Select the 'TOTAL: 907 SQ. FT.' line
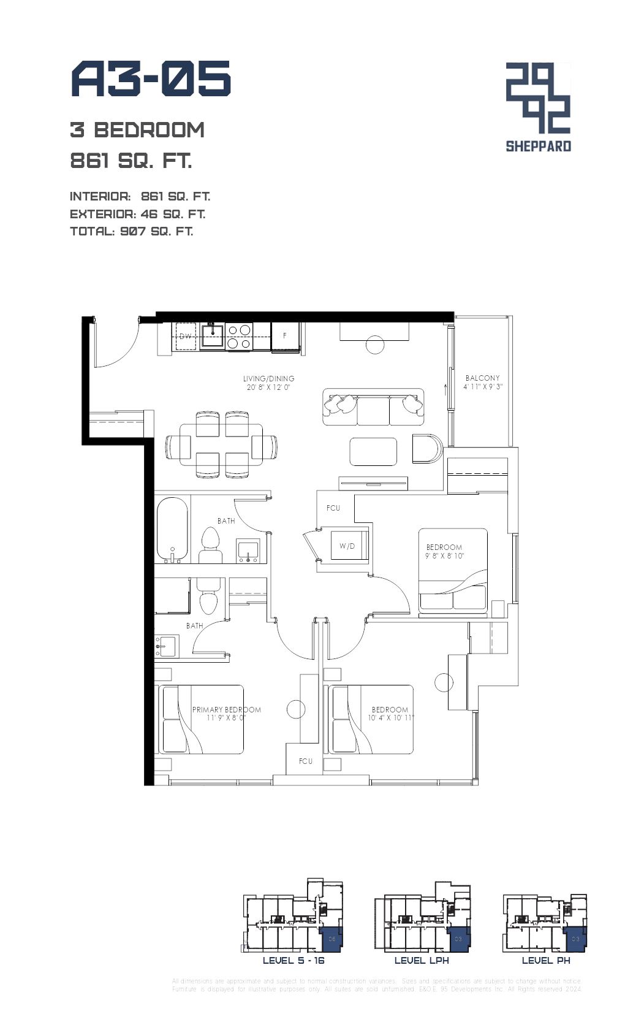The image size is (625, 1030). tap(132, 231)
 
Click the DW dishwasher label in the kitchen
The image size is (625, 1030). tap(185, 336)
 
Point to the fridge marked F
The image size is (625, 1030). tap(285, 336)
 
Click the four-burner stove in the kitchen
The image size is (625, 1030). tap(239, 337)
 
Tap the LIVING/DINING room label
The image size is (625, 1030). tap(268, 378)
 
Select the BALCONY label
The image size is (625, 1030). tap(482, 378)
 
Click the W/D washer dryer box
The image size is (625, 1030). tap(347, 546)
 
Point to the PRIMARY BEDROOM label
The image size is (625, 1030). tap(226, 709)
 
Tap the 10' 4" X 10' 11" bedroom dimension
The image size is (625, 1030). tap(391, 718)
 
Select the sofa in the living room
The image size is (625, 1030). tap(373, 406)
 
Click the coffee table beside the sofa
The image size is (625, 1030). tap(373, 451)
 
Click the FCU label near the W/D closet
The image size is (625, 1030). tap(333, 508)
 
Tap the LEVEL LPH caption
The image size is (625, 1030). tap(422, 960)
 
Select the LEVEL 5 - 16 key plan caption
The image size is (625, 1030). tap(294, 960)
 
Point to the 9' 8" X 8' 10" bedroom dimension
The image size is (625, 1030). tap(445, 555)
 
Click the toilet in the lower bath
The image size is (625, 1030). tap(208, 597)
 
